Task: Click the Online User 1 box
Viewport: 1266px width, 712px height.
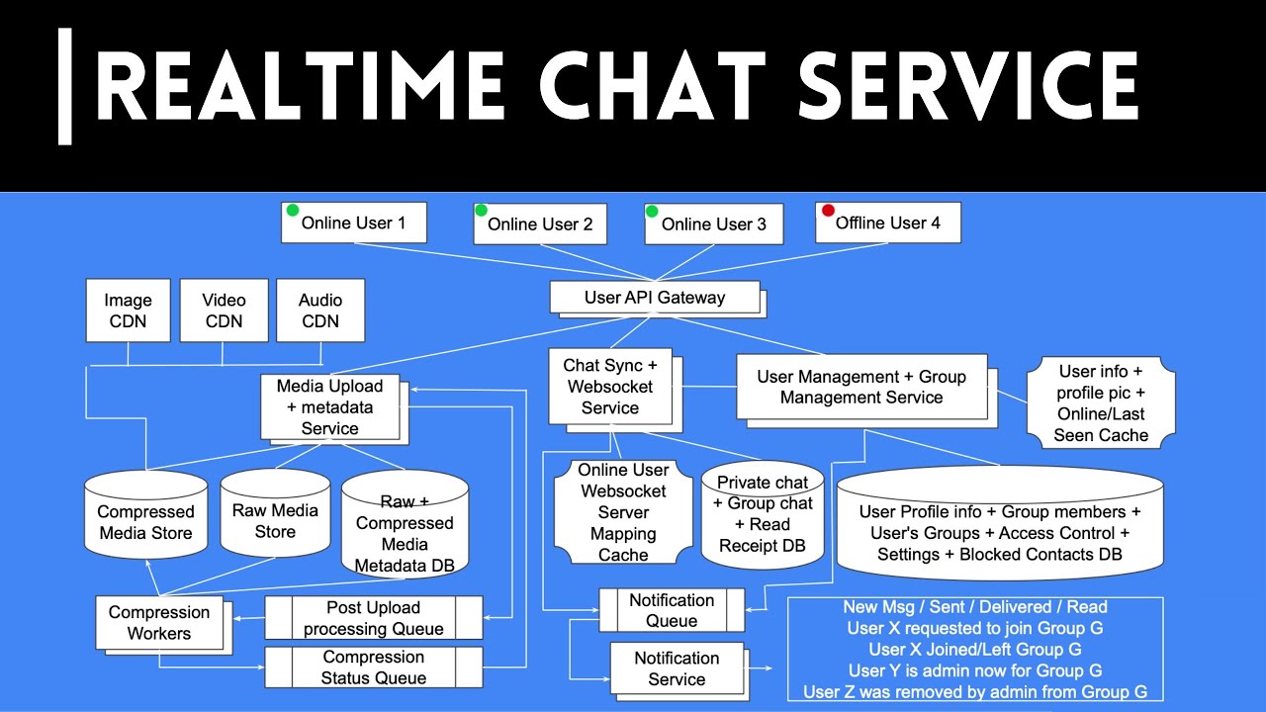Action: [353, 222]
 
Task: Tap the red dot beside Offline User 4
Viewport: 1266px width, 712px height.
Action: [828, 210]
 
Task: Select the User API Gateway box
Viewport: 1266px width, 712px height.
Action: [655, 297]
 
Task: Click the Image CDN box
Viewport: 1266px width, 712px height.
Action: [129, 310]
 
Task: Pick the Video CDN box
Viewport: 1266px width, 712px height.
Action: [225, 310]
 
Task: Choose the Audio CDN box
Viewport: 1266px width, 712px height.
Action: [320, 310]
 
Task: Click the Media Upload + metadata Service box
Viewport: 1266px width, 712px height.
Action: [329, 406]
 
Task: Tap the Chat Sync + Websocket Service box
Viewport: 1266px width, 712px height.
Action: [610, 387]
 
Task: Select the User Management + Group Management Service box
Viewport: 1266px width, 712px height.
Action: [860, 387]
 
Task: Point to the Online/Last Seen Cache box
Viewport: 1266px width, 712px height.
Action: [1101, 402]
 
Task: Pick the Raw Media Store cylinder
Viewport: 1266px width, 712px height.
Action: [275, 518]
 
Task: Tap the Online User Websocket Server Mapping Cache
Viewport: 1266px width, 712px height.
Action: [623, 512]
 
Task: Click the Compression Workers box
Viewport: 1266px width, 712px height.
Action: [159, 622]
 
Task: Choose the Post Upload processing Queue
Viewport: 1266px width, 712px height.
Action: [374, 618]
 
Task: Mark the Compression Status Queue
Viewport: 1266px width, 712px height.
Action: [374, 667]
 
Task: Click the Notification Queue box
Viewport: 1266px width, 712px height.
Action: [672, 610]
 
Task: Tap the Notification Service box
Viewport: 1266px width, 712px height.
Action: [677, 668]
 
